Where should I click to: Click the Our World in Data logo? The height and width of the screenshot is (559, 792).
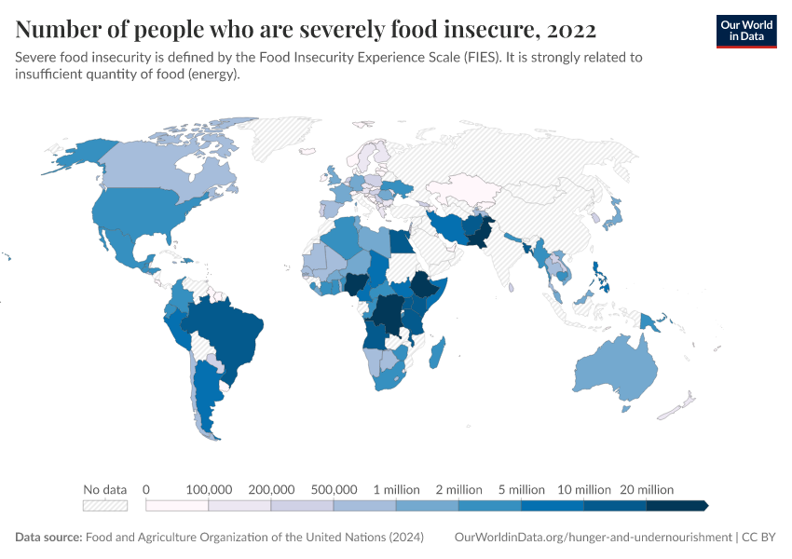coord(745,31)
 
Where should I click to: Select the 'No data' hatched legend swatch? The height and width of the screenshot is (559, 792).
coord(104,506)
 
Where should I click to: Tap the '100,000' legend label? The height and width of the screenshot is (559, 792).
coord(209,489)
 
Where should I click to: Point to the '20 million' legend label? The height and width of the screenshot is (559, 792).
coord(647,489)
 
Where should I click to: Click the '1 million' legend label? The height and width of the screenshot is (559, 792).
coord(396,489)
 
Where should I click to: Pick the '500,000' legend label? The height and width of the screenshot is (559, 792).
coord(334,489)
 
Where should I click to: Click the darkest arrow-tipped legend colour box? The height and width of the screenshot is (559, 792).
coord(677,506)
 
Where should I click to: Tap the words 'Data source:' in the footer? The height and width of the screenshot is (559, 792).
coord(48,538)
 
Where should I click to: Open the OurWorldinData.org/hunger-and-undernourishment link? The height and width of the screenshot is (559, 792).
coord(593,538)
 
